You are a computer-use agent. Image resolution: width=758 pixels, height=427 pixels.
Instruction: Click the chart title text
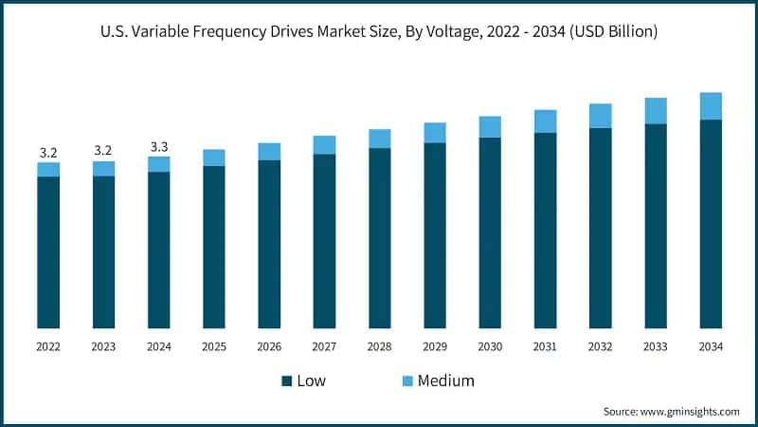(379, 32)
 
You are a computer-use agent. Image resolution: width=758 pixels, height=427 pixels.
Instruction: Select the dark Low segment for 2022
(48, 252)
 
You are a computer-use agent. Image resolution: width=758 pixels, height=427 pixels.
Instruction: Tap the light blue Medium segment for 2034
(711, 106)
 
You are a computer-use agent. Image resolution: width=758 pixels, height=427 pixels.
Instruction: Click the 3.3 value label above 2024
(159, 147)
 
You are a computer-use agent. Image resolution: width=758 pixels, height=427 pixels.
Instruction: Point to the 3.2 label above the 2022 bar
(48, 152)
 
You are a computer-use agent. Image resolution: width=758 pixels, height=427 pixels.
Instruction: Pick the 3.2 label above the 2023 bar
(103, 151)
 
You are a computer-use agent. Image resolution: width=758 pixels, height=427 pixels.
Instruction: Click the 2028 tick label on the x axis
(379, 347)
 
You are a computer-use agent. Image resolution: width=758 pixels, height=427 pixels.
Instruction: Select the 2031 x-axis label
(545, 347)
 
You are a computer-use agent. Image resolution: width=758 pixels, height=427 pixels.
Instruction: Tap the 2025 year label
(214, 347)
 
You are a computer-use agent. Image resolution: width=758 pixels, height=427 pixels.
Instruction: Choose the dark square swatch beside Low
(286, 381)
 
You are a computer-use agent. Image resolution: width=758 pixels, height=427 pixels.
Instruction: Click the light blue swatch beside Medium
(407, 381)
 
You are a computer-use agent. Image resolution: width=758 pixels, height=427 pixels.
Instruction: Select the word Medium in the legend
(446, 381)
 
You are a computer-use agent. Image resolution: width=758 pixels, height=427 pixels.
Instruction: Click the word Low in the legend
(313, 381)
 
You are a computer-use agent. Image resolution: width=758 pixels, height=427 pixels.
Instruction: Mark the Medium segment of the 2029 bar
(435, 133)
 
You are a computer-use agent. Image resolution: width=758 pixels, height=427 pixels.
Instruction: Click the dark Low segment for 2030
(490, 233)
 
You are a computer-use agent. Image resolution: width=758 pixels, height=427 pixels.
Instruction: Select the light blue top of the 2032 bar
(600, 116)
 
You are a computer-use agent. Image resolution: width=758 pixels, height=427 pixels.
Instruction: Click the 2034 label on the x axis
(711, 347)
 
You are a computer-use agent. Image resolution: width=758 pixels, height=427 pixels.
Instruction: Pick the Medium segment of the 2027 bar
(324, 145)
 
